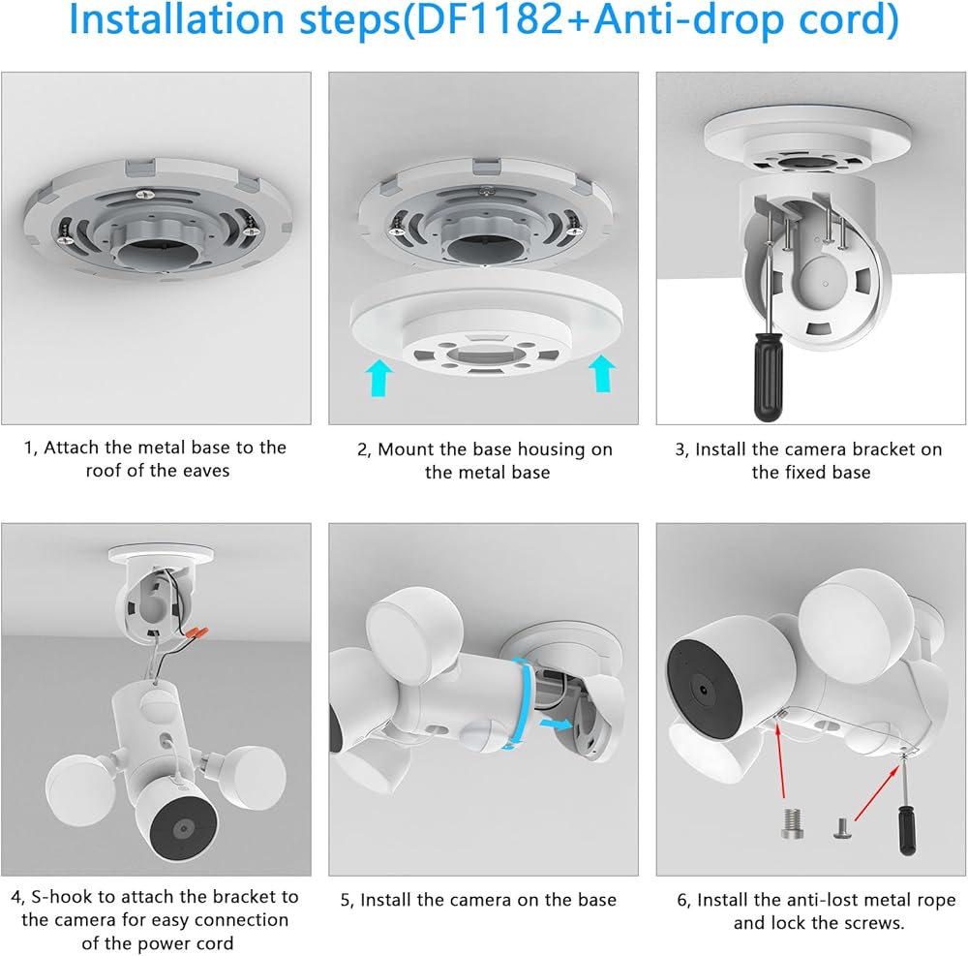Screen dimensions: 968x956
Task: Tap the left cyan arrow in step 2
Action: pos(379,378)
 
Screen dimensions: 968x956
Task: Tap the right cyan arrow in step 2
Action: pos(602,373)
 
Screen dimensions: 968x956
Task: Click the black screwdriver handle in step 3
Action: pos(768,376)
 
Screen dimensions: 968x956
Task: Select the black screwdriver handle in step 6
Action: pos(906,830)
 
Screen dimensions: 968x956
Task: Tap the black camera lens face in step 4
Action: pos(183,829)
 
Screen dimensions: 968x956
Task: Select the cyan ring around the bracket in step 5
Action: pos(518,704)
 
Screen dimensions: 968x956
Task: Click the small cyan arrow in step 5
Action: pos(557,724)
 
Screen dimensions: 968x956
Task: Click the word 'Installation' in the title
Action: pos(179,19)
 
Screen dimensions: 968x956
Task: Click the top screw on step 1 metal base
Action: pos(145,195)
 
